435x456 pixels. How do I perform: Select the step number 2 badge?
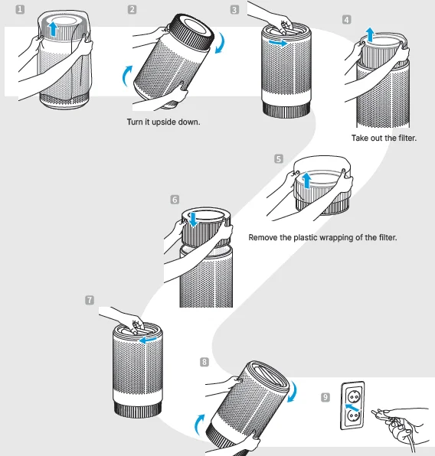(132, 10)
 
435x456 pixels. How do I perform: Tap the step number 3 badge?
(234, 10)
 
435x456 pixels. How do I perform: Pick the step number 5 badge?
(278, 159)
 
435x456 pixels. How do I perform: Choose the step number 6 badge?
(175, 200)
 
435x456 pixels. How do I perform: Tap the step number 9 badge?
(325, 397)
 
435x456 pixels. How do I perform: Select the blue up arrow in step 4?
(369, 34)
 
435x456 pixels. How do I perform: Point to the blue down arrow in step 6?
(194, 219)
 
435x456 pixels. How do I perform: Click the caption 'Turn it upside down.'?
(163, 122)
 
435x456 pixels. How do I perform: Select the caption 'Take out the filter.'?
(384, 138)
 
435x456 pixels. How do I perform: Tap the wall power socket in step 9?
(352, 406)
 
